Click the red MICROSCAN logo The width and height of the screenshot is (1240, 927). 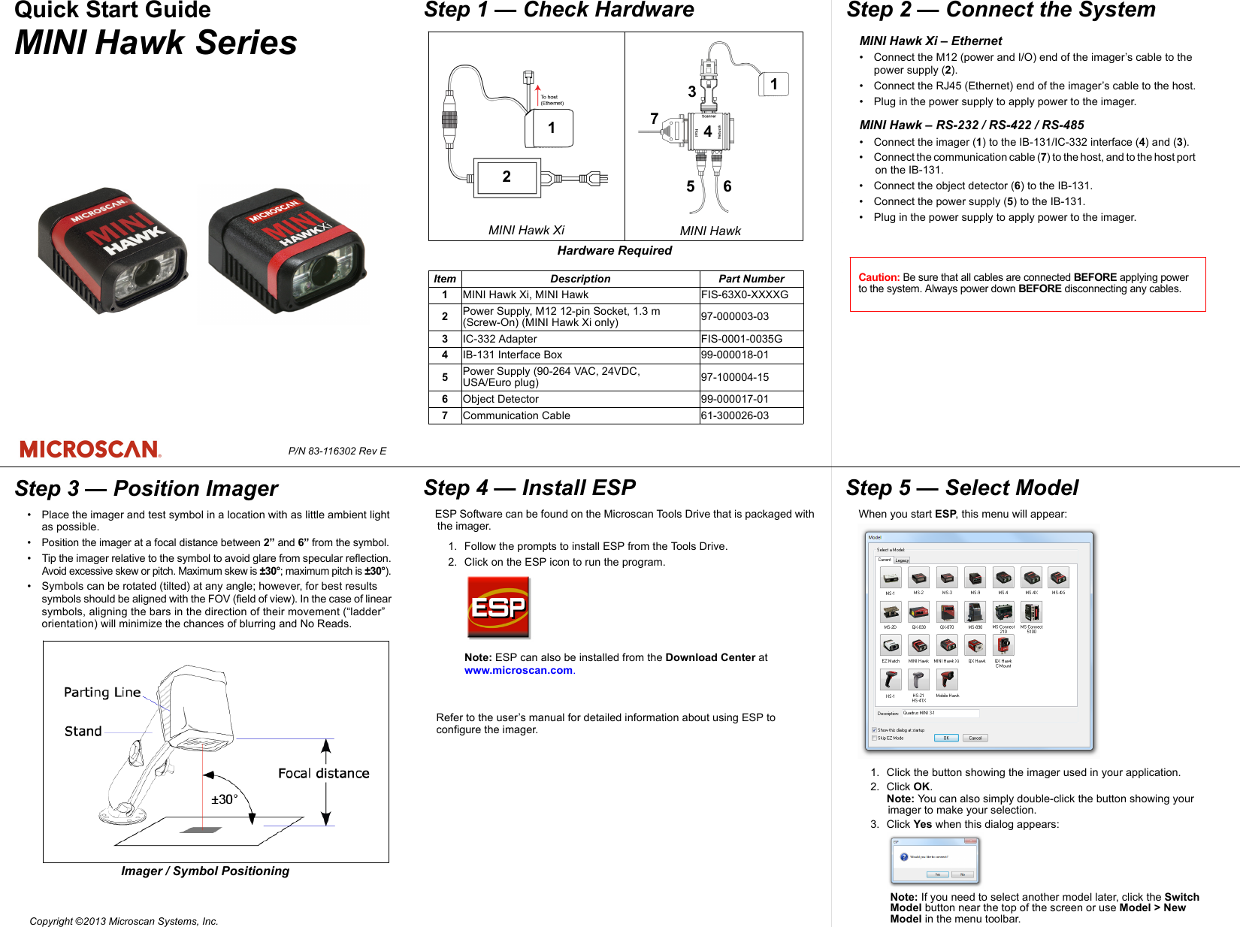(90, 449)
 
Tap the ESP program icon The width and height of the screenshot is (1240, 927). (498, 607)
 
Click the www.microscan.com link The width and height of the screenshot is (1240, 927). (519, 670)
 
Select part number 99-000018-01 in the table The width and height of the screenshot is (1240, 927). (735, 355)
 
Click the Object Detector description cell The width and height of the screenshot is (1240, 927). (501, 399)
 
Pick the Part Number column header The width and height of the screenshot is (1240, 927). (751, 279)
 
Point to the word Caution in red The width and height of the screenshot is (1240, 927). (879, 277)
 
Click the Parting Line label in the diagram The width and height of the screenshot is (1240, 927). (102, 692)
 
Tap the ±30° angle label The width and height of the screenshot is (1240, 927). (224, 799)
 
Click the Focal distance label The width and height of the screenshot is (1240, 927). (323, 773)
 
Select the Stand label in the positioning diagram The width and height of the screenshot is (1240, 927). (83, 731)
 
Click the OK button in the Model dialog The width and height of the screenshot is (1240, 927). (946, 738)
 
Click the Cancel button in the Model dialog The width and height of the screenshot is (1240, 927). (975, 738)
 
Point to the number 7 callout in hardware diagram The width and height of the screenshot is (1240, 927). (654, 119)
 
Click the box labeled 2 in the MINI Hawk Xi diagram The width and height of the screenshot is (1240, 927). (506, 177)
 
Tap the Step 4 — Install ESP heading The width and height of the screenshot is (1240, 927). (529, 488)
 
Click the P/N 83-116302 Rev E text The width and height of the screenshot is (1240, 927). (337, 451)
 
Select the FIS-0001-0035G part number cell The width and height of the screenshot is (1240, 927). (742, 339)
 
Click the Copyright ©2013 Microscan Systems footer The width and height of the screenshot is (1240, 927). (124, 921)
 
